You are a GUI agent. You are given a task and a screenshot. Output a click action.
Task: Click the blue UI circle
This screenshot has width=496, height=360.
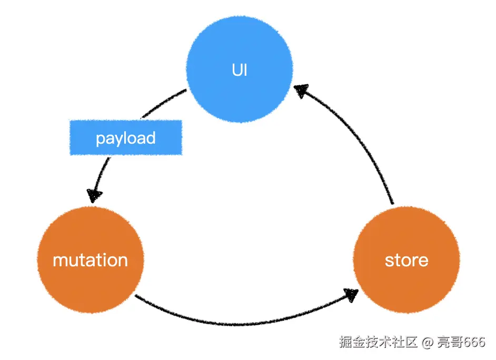click(x=240, y=69)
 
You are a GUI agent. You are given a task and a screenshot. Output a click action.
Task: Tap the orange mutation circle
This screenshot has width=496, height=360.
click(x=91, y=260)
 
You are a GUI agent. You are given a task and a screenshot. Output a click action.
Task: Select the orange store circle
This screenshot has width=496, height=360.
click(x=406, y=260)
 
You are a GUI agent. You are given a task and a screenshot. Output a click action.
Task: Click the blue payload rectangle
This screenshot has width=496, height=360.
click(x=126, y=137)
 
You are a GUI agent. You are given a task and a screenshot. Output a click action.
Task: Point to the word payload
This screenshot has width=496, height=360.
click(x=126, y=138)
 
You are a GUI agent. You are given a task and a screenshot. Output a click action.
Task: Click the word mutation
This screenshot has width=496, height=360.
click(x=90, y=260)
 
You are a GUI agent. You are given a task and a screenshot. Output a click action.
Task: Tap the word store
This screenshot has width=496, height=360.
click(x=406, y=261)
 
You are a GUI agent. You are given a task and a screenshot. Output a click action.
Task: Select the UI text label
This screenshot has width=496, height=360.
click(x=240, y=70)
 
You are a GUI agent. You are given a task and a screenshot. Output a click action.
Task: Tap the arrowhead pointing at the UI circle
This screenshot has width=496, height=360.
click(x=301, y=90)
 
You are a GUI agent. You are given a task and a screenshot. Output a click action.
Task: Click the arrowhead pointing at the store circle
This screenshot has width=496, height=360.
click(x=351, y=295)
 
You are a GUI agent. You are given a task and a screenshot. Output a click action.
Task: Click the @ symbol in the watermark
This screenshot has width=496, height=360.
click(x=428, y=342)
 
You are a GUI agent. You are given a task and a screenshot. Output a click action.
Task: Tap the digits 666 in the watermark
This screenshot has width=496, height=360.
click(x=473, y=342)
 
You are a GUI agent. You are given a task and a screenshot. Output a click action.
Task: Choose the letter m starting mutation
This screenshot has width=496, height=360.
click(x=60, y=261)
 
